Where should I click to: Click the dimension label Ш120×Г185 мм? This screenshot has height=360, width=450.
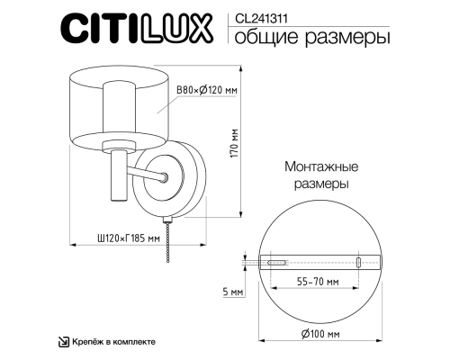pyautogui.click(x=128, y=238)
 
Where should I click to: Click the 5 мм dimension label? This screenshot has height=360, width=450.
pyautogui.click(x=233, y=293)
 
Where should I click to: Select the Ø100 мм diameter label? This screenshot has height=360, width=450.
pyautogui.click(x=319, y=334)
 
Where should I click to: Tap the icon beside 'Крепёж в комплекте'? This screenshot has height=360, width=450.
pyautogui.click(x=63, y=341)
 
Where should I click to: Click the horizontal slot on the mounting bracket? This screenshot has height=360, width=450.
pyautogui.click(x=276, y=263)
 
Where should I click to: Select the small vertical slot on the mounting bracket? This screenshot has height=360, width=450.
pyautogui.click(x=359, y=263)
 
